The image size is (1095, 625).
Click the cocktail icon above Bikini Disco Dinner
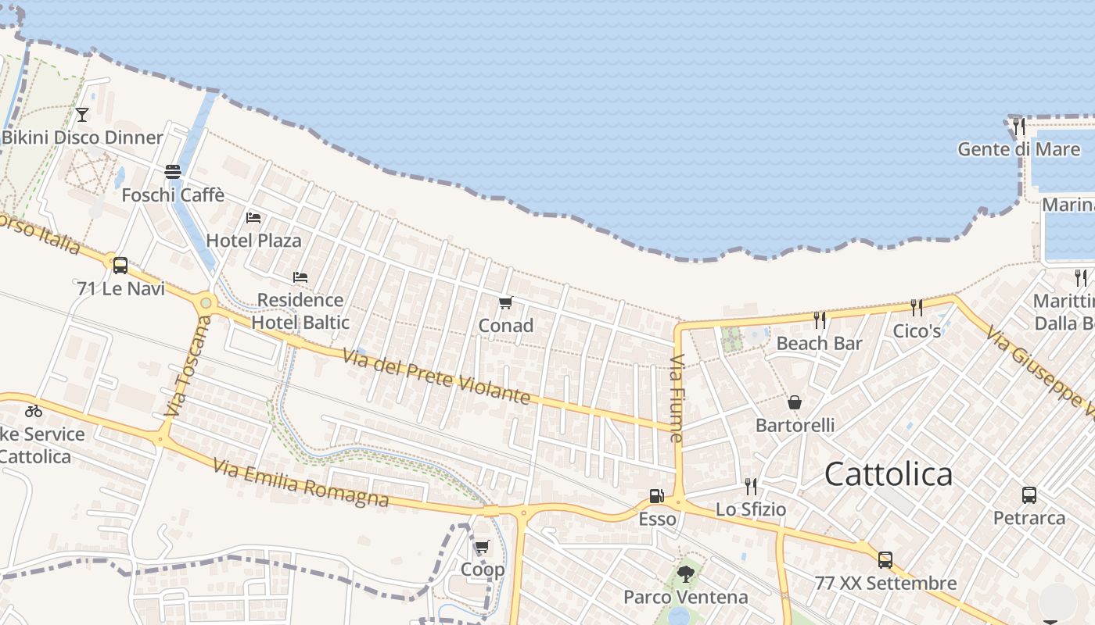coord(82,116)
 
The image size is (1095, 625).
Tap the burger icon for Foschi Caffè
coord(173,172)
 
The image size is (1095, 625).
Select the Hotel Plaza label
coord(253,240)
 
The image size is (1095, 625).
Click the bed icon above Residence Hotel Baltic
coord(300,277)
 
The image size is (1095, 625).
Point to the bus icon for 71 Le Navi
coord(120,265)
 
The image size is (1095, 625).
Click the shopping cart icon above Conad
coord(505,303)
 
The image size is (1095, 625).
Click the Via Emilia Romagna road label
coord(300,484)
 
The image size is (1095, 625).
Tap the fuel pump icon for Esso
coord(657,496)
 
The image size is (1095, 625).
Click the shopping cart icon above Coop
coord(483,547)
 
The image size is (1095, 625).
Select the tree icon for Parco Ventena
coord(686,574)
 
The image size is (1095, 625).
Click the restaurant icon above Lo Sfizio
coord(751,487)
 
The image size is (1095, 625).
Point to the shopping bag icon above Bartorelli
coord(795,402)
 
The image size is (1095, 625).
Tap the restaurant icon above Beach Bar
coord(820,320)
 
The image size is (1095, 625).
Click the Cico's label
coord(917,331)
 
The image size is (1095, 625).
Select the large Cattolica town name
coord(889,474)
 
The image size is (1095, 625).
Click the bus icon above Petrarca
coord(1029,495)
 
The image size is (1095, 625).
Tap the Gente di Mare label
coord(1019,149)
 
